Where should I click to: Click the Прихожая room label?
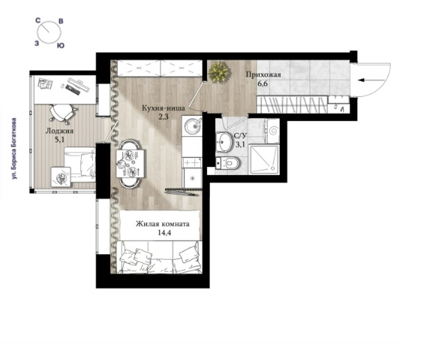263,74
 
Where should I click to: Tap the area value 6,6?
262,83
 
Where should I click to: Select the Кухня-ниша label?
164,108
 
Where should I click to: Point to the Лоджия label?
59,131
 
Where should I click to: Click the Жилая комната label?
163,224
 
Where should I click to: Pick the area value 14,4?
164,233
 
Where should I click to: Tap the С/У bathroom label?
240,136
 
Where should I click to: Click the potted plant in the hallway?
219,72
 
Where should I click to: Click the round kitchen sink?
192,126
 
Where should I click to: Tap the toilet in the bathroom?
228,163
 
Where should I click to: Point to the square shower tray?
264,159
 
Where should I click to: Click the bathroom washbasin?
223,141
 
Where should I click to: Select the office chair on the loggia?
62,113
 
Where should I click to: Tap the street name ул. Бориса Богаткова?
14,149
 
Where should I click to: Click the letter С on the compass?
38,20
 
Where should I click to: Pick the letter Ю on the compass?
61,46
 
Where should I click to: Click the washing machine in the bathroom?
272,131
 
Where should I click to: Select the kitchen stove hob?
192,162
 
